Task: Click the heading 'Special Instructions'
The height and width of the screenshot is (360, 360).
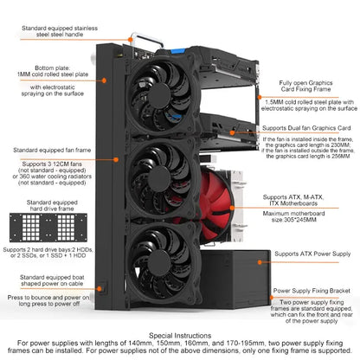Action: [180, 332]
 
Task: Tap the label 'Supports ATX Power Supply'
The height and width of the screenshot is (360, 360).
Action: [312, 255]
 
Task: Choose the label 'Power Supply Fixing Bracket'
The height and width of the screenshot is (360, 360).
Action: [312, 292]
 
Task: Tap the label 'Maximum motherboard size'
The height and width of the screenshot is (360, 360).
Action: [312, 212]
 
